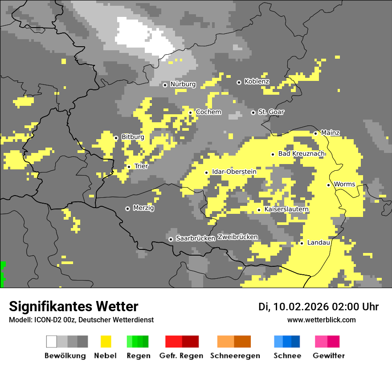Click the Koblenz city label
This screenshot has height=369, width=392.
(257, 82)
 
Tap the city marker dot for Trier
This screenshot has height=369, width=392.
(129, 167)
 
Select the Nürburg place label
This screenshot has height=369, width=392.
(183, 84)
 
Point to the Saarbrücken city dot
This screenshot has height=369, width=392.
(171, 239)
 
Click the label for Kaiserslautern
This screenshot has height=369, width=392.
(286, 209)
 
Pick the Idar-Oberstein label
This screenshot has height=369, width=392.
(234, 172)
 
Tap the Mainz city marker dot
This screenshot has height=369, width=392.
(315, 133)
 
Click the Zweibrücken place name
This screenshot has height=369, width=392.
(237, 237)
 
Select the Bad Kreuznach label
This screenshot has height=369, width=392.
(301, 154)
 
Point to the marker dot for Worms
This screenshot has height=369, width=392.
(328, 185)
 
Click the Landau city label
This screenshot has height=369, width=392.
(318, 243)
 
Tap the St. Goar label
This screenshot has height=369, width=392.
(271, 112)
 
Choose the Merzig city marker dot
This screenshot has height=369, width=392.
(127, 209)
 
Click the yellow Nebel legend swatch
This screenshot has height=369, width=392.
(106, 341)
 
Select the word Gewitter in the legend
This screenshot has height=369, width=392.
(329, 356)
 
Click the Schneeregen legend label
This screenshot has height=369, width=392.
(235, 356)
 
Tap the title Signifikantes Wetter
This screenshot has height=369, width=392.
(73, 307)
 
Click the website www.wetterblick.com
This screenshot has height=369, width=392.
(321, 320)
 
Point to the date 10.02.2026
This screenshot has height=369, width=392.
(302, 307)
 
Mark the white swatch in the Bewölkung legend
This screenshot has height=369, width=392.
(52, 341)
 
